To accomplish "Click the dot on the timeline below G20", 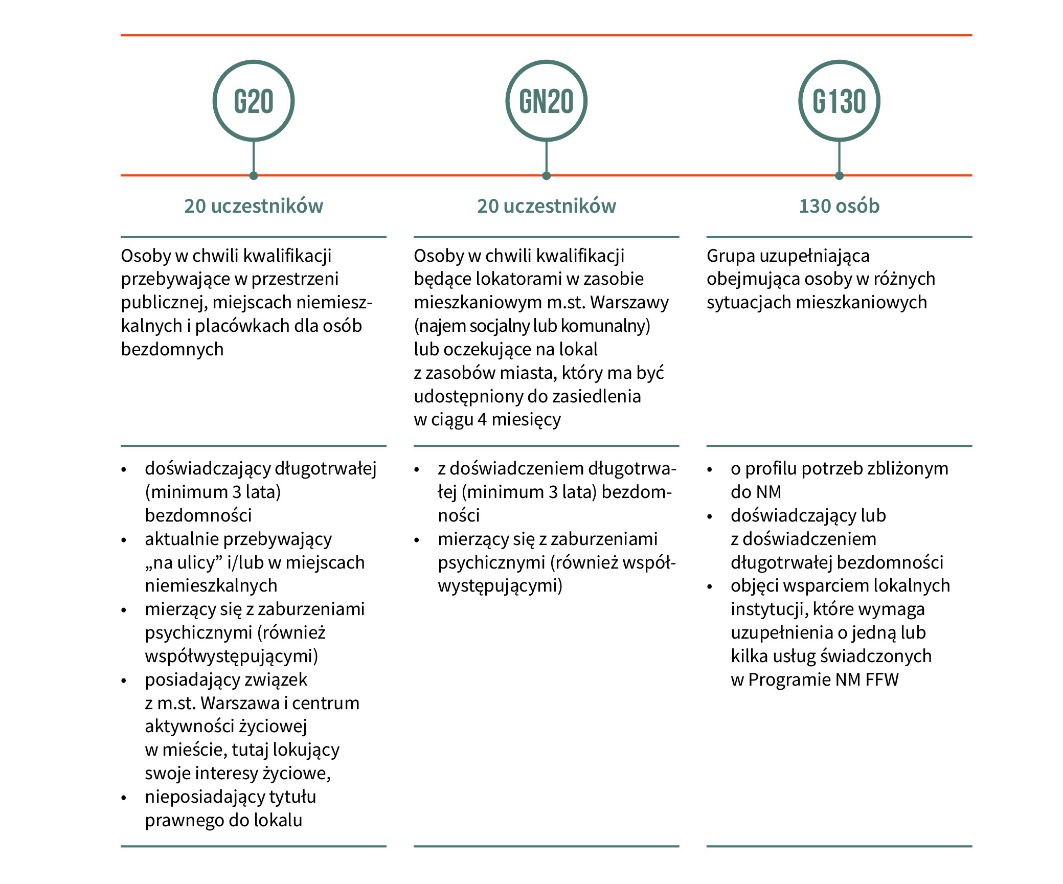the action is [254, 175].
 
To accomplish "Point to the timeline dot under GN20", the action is [546, 175].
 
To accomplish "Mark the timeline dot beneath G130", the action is [839, 175].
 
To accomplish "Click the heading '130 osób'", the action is [839, 206].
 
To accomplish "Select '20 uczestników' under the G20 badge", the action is [254, 206].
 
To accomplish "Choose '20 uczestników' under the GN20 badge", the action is [547, 206].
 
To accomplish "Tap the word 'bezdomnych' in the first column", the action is [172, 349].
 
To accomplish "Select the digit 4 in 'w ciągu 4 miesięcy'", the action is [482, 420].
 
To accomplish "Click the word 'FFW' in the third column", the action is [882, 680].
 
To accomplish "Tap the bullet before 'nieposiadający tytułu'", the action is [124, 798].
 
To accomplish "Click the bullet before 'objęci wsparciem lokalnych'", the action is [709, 587].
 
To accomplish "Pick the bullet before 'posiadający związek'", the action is [124, 681].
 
